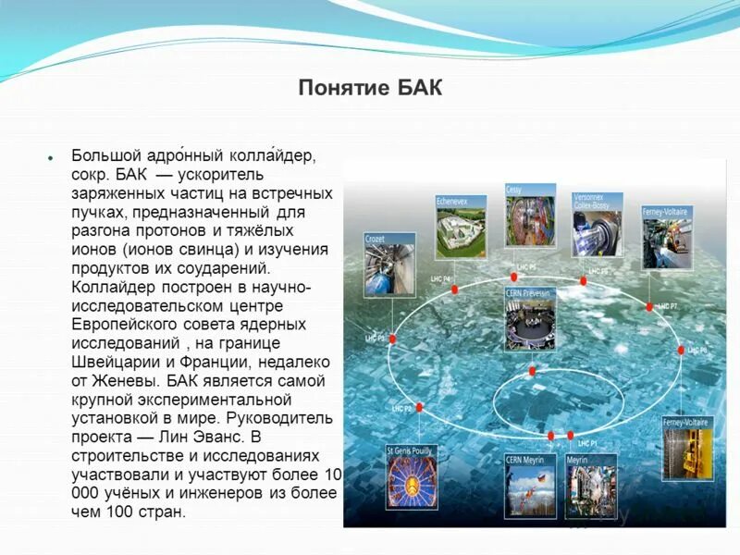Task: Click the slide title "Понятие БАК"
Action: coord(370,88)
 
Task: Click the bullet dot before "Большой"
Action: coord(51,157)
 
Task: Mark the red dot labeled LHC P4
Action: coord(454,290)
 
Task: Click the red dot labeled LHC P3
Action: coord(392,339)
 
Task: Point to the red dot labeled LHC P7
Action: coord(649,306)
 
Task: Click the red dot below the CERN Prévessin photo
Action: coord(532,371)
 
